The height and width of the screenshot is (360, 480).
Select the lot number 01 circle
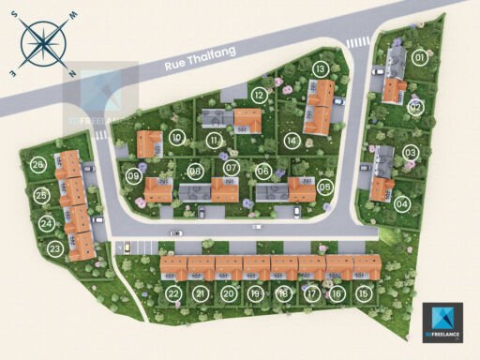[419, 58]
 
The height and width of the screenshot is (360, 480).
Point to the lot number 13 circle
[321, 68]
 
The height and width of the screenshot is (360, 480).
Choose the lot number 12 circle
[259, 95]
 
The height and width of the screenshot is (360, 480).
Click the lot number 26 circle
[37, 165]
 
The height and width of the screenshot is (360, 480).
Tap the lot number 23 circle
[55, 249]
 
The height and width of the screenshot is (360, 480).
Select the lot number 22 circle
[173, 293]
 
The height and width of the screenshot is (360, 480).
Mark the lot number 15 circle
[364, 293]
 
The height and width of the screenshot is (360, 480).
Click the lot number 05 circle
[324, 187]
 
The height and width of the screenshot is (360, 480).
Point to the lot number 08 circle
[196, 172]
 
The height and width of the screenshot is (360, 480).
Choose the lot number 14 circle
[292, 141]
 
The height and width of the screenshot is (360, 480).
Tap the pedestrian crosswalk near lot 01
[358, 43]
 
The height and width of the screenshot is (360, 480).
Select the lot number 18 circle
[283, 293]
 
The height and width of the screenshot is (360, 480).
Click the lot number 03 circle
[411, 153]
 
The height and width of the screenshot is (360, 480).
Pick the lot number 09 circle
[134, 175]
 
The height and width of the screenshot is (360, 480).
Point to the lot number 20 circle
[229, 293]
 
